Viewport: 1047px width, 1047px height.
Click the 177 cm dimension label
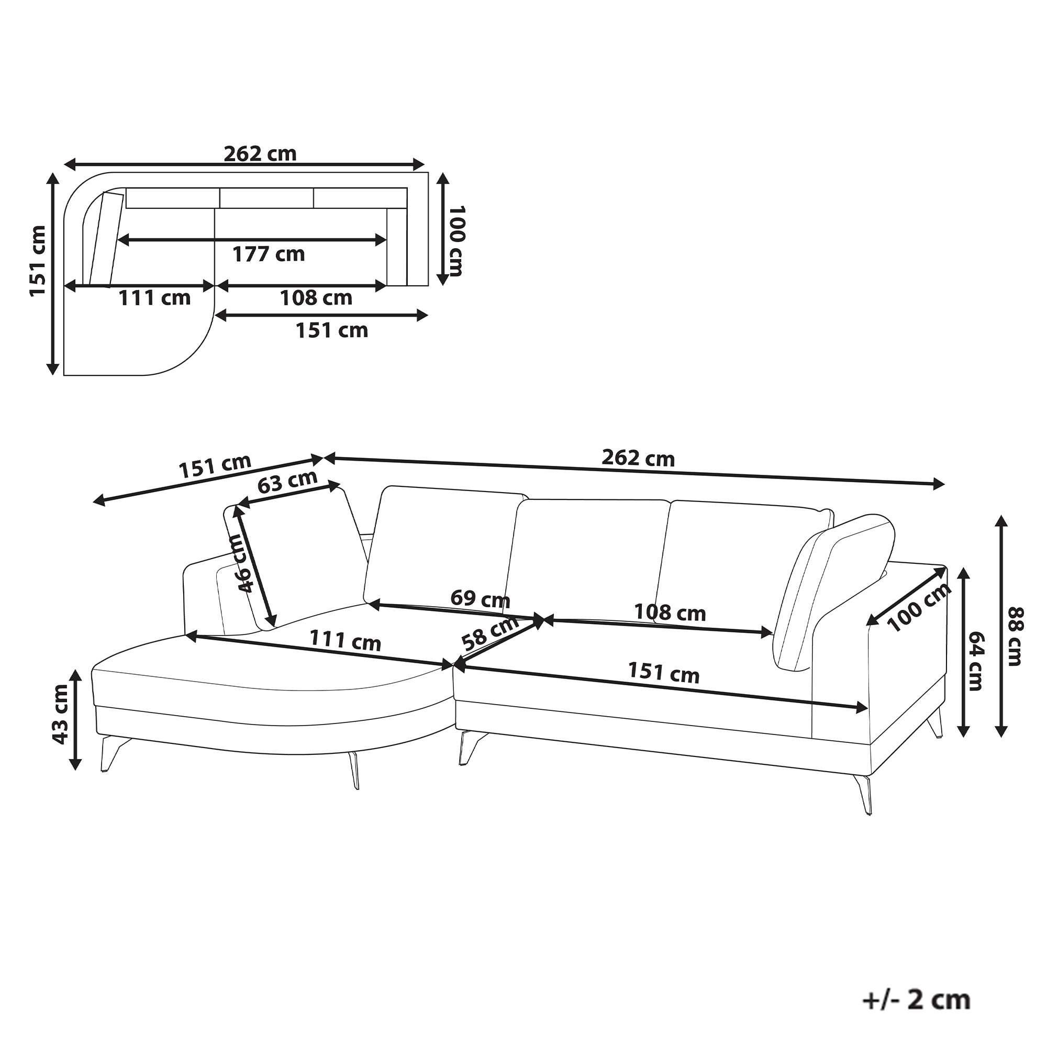[x=269, y=254]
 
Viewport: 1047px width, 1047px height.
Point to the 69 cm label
[x=480, y=599]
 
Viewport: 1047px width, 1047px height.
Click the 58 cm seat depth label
[x=491, y=632]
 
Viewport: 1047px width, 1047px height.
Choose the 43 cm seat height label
[x=60, y=714]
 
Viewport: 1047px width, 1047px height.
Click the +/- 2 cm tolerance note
[x=917, y=1000]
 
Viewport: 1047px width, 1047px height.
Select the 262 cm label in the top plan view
[x=260, y=154]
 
